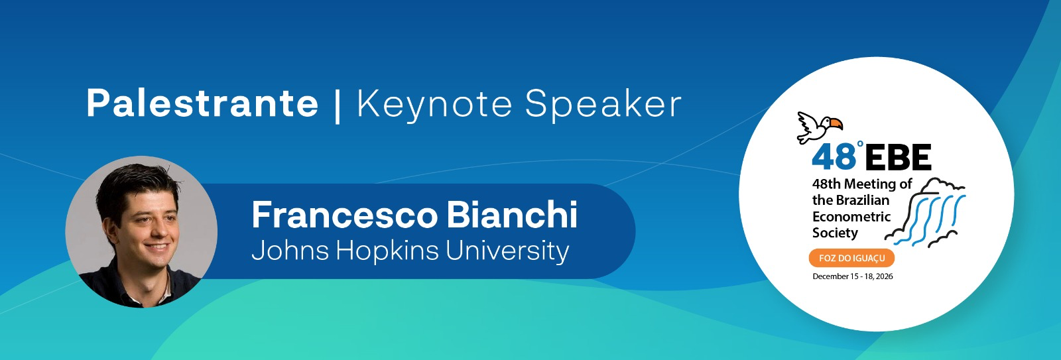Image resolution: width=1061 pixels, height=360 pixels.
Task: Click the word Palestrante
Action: [x=202, y=103]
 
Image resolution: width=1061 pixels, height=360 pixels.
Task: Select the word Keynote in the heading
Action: [x=434, y=104]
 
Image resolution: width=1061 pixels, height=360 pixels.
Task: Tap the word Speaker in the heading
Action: [x=603, y=104]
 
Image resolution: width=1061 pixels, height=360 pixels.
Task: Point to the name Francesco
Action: [x=344, y=215]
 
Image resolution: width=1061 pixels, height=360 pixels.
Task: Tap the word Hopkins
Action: [x=388, y=251]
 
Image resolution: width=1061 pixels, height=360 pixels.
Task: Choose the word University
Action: [x=507, y=251]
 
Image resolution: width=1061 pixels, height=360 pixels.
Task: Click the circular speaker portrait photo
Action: [x=141, y=231]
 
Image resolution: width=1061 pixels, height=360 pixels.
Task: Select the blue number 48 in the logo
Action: [x=834, y=157]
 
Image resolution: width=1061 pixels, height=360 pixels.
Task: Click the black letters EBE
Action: [x=899, y=158]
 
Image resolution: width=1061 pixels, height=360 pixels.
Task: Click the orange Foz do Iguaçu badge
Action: [x=851, y=258]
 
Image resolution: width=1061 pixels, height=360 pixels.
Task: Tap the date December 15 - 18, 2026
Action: [x=853, y=276]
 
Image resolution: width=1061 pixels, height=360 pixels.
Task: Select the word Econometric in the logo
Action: [x=851, y=217]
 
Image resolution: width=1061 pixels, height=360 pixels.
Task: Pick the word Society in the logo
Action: [x=835, y=233]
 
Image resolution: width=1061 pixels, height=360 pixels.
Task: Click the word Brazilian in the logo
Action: [x=863, y=200]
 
